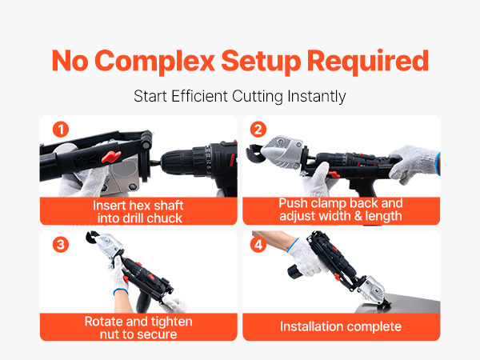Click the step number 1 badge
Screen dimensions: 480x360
point(61,130)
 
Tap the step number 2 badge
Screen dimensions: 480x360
point(258,130)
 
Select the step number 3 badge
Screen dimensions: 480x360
point(61,245)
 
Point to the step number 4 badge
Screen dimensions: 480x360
point(258,245)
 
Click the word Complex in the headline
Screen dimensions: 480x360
point(154,62)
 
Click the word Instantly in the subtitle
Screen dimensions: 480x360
point(317,97)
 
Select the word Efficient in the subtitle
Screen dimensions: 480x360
point(199,96)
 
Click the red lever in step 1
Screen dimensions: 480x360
point(111,156)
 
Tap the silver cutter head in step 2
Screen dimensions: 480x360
point(282,151)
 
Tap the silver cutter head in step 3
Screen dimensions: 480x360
point(110,245)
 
